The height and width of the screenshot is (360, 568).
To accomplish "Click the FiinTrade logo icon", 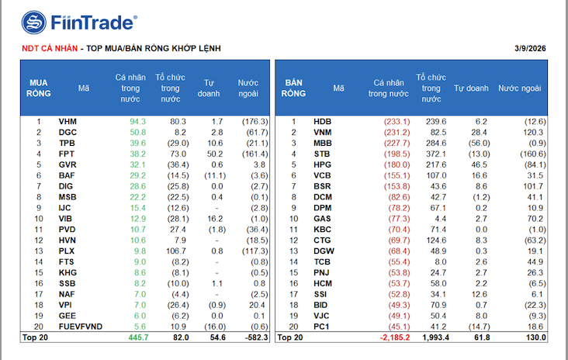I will (33, 23).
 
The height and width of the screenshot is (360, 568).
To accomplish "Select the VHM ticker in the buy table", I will (68, 122).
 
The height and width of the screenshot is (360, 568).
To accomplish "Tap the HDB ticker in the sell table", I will (322, 122).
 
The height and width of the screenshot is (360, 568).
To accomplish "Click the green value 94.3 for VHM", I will (137, 122).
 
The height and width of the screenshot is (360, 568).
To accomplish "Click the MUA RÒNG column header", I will (39, 88).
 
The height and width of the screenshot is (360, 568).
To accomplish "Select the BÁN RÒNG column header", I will (293, 88).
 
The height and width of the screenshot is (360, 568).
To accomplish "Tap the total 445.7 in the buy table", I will (136, 337).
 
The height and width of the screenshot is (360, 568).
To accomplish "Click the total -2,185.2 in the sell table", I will (394, 337).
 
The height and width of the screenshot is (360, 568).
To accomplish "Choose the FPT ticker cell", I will (67, 154).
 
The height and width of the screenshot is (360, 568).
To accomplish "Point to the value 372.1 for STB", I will (435, 154).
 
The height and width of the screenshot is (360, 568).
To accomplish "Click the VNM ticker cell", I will (322, 133).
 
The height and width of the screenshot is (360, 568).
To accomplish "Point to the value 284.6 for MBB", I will (435, 144).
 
